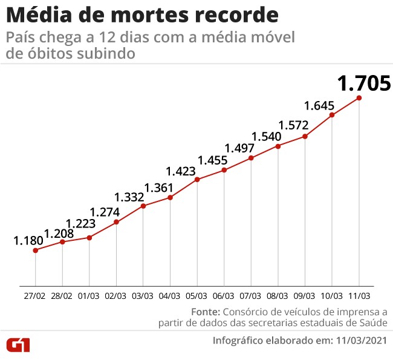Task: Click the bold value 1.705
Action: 364,83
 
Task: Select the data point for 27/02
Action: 36,250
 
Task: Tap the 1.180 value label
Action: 28,240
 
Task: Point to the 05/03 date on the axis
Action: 197,296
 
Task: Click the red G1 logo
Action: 18,345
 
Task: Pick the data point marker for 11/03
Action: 360,98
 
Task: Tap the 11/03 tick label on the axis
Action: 359,296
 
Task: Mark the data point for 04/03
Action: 171,197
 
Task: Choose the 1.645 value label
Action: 319,106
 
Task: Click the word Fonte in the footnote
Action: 205,312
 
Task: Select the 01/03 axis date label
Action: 89,296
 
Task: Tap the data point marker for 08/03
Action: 278,146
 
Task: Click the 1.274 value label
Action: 105,212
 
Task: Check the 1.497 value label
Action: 240,148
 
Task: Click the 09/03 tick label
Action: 305,296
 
